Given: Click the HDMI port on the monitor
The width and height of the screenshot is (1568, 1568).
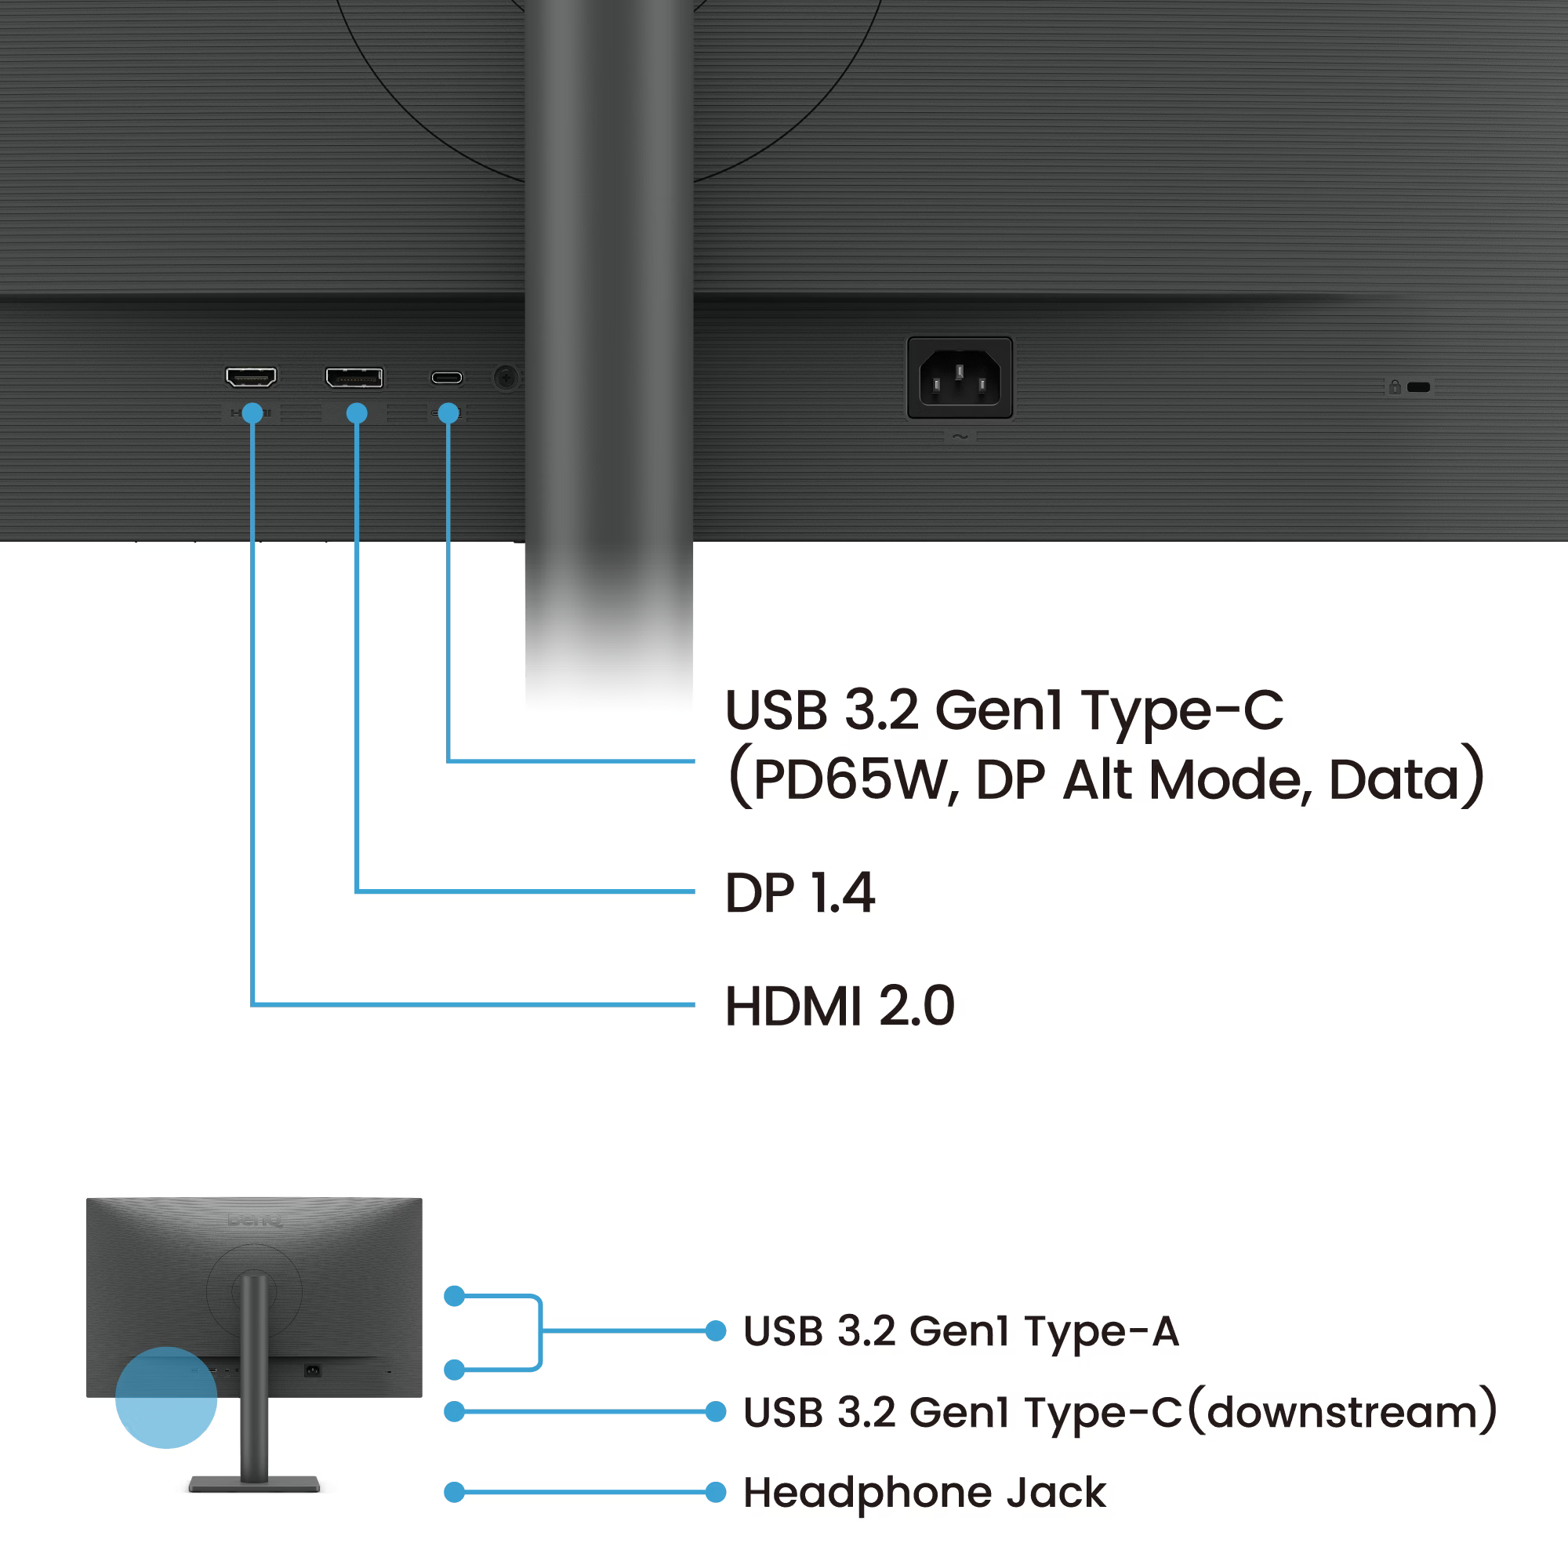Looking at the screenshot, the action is (x=251, y=376).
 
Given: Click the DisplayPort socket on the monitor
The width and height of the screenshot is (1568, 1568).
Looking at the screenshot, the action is (x=354, y=377).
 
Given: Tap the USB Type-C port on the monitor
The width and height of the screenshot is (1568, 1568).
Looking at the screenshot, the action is (x=446, y=377).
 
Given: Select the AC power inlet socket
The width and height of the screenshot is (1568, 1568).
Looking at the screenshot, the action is (x=960, y=378).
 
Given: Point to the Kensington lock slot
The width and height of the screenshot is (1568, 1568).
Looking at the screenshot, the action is (x=1419, y=387).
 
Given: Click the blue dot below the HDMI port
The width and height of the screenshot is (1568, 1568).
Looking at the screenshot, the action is (x=252, y=413).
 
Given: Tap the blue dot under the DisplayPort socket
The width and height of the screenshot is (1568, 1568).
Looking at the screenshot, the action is (x=356, y=413).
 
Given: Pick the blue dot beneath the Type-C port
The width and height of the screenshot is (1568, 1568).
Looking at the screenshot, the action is (x=448, y=413).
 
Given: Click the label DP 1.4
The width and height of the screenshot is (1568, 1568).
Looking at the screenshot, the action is (x=800, y=893).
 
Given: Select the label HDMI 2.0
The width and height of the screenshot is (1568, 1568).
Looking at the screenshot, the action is (x=839, y=1006).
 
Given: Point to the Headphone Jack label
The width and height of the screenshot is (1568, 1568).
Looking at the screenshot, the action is (x=924, y=1493).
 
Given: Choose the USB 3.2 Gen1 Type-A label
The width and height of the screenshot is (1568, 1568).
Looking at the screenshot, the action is (x=961, y=1331).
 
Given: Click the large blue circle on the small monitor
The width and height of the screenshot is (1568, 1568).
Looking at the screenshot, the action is (x=166, y=1398).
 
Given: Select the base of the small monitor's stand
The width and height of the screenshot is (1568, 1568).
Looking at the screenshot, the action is (x=254, y=1483).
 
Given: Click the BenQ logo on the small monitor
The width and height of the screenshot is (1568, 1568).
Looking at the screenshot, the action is (x=254, y=1220).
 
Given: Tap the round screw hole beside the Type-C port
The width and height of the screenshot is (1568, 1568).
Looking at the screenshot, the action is (x=506, y=377).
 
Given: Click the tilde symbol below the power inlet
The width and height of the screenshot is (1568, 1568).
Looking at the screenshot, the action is (x=960, y=437).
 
